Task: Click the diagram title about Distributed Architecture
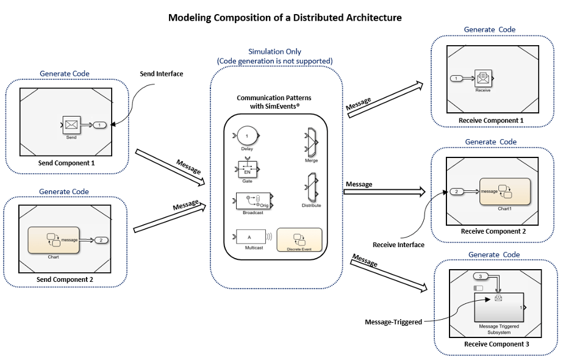[285, 18]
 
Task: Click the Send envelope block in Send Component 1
[71, 124]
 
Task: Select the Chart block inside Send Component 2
[53, 240]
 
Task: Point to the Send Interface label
[162, 74]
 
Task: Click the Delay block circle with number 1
[247, 135]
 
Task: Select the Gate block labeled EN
[247, 168]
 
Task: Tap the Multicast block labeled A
[249, 236]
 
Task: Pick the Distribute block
[311, 187]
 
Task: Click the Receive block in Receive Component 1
[483, 78]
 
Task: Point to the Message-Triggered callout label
[393, 322]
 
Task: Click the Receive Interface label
[398, 245]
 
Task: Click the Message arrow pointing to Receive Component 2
[384, 192]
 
